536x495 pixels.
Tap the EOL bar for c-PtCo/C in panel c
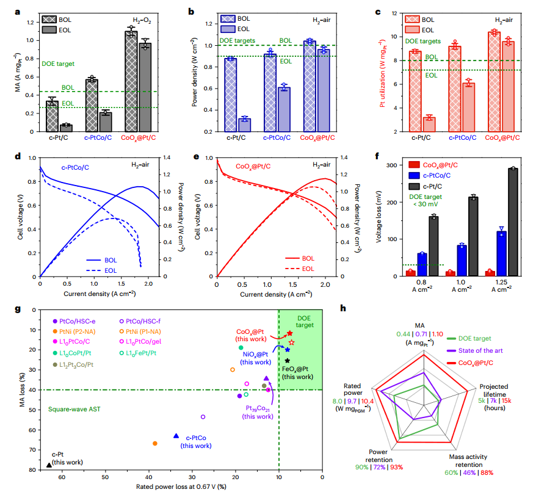click(x=467, y=107)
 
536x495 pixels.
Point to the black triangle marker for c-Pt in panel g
click(x=49, y=465)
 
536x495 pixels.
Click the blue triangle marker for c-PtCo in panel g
click(x=176, y=436)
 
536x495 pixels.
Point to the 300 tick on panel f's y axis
click(x=394, y=165)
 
